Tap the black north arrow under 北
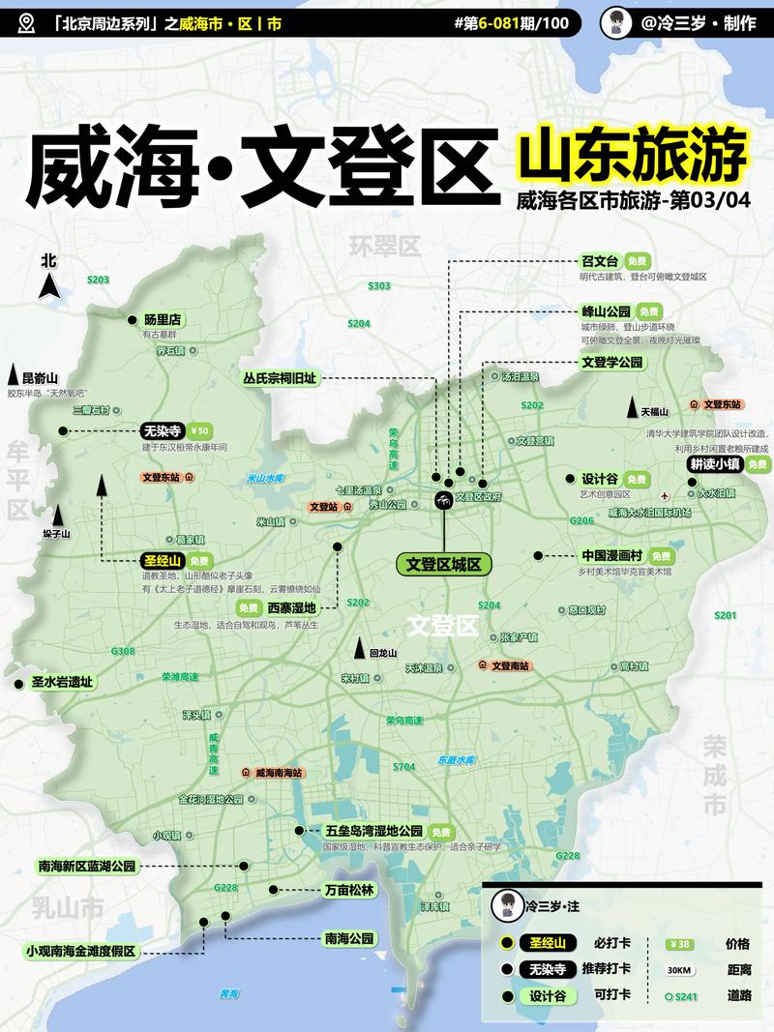point(48,286)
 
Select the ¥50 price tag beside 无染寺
point(201,431)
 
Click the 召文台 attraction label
point(599,261)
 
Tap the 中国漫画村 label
point(611,556)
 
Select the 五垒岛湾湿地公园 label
point(374,831)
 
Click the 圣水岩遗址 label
point(62,682)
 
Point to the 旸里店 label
point(164,319)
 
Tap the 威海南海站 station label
point(280,773)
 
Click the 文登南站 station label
point(513,665)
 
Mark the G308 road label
point(123,651)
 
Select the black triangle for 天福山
point(632,407)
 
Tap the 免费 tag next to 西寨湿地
point(249,607)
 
